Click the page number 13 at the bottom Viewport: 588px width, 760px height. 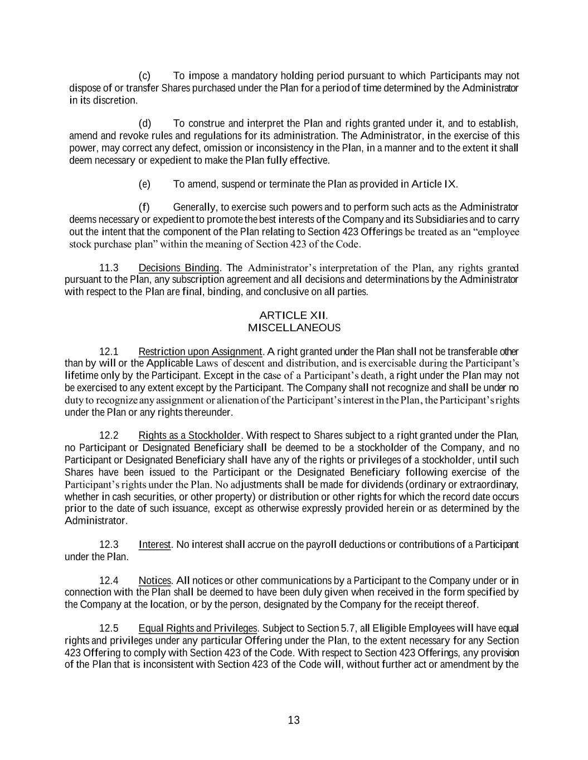[x=294, y=720]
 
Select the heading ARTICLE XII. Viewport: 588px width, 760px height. [x=294, y=316]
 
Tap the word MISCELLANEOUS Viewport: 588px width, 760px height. [x=294, y=327]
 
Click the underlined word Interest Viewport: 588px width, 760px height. [x=154, y=545]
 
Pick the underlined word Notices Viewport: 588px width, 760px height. [x=154, y=580]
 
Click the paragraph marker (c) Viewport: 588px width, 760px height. [x=144, y=76]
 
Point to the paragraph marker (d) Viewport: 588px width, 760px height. [x=144, y=124]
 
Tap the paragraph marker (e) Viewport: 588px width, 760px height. [x=144, y=184]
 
